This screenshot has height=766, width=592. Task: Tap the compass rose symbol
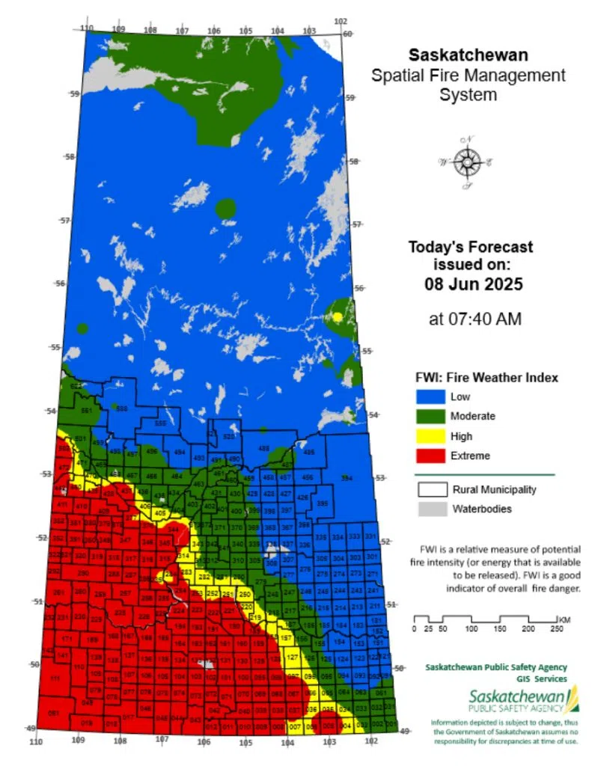[x=467, y=159]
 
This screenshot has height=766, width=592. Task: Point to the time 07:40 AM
[x=474, y=319]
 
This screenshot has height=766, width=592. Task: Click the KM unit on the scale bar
[x=564, y=619]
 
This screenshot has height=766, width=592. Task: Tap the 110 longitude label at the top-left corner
[x=87, y=28]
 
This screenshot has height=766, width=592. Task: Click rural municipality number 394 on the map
[x=346, y=478]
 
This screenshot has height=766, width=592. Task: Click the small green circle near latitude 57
[x=225, y=209]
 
